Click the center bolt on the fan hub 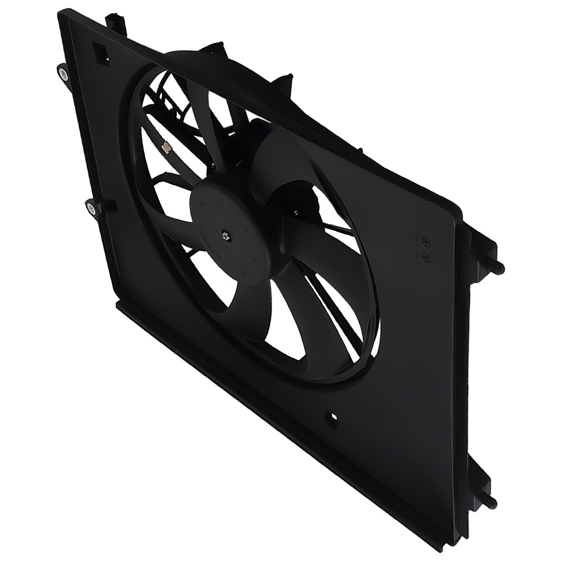pos(225,236)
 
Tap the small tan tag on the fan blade pos(167,148)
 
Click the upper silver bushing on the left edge pos(63,72)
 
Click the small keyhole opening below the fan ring pos(332,417)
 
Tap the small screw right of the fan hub pos(295,212)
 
